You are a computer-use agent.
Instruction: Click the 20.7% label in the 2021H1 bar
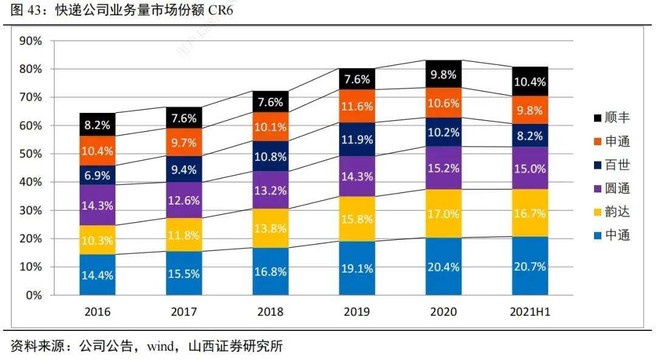530,266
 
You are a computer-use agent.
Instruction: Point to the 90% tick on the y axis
30,41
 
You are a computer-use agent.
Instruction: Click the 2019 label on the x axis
357,311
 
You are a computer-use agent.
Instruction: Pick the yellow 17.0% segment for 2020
443,214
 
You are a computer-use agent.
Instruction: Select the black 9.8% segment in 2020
443,74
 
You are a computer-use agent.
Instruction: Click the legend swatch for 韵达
598,212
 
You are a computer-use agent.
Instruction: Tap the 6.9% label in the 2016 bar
97,175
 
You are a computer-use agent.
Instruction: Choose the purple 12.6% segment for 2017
184,200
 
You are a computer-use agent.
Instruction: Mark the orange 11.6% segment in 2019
357,106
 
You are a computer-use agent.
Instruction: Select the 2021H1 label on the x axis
530,311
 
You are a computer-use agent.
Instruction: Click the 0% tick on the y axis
33,296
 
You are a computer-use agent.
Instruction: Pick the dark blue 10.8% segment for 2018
270,157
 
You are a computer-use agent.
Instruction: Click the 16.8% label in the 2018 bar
270,271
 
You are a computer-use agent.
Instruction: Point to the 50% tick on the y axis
30,154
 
